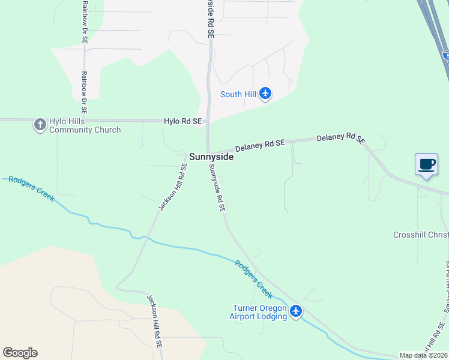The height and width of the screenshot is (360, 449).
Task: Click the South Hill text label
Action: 238,94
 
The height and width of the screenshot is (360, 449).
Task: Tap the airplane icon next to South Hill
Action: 265,94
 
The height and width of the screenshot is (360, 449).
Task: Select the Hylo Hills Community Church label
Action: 85,125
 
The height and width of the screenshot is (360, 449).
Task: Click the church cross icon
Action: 40,125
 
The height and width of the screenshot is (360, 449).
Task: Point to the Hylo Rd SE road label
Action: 182,121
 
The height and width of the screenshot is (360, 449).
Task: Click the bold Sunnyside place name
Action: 211,157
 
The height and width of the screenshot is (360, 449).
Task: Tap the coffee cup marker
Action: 426,164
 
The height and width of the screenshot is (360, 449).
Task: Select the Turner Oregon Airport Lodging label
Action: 259,312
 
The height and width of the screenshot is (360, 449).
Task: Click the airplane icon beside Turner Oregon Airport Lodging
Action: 295,311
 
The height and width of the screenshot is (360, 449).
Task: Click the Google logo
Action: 20,353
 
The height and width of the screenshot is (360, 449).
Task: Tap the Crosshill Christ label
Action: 421,235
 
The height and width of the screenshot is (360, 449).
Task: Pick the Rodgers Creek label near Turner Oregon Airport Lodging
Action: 253,280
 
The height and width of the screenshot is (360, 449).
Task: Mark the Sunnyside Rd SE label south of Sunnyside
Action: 217,189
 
